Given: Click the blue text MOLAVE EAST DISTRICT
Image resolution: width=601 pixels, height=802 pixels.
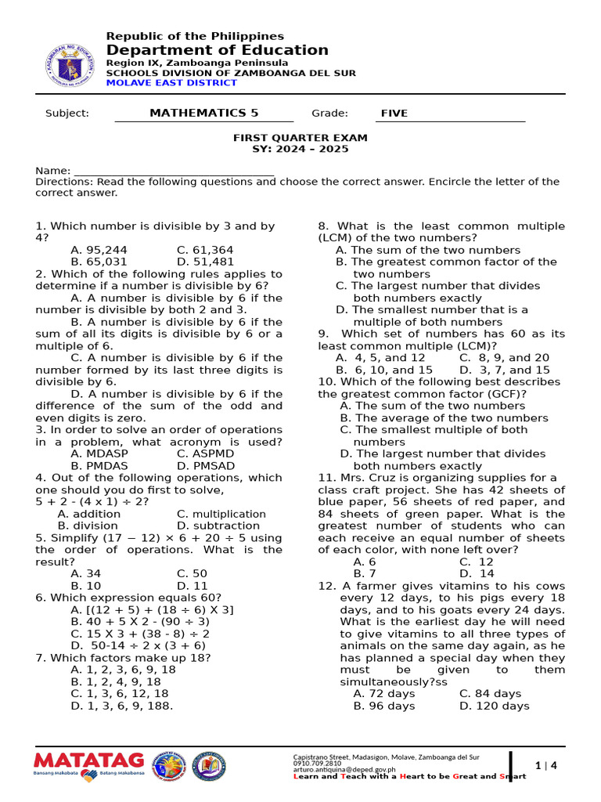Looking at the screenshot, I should [171, 82].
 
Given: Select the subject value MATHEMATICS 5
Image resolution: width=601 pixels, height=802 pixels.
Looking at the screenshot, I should [203, 113].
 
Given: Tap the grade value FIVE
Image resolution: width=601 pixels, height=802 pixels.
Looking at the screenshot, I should [394, 114].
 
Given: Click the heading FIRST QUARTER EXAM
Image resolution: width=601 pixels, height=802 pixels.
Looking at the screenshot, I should [300, 137].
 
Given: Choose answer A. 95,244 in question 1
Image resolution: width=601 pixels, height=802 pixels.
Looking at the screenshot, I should [99, 250].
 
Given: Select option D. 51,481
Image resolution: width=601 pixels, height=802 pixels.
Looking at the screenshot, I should [205, 262].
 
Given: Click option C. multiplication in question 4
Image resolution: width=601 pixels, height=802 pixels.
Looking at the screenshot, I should [221, 514].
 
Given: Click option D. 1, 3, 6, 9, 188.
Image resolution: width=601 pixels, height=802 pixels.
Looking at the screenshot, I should [121, 705].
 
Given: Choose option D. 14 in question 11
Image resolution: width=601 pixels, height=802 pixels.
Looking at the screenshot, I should [477, 573].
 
